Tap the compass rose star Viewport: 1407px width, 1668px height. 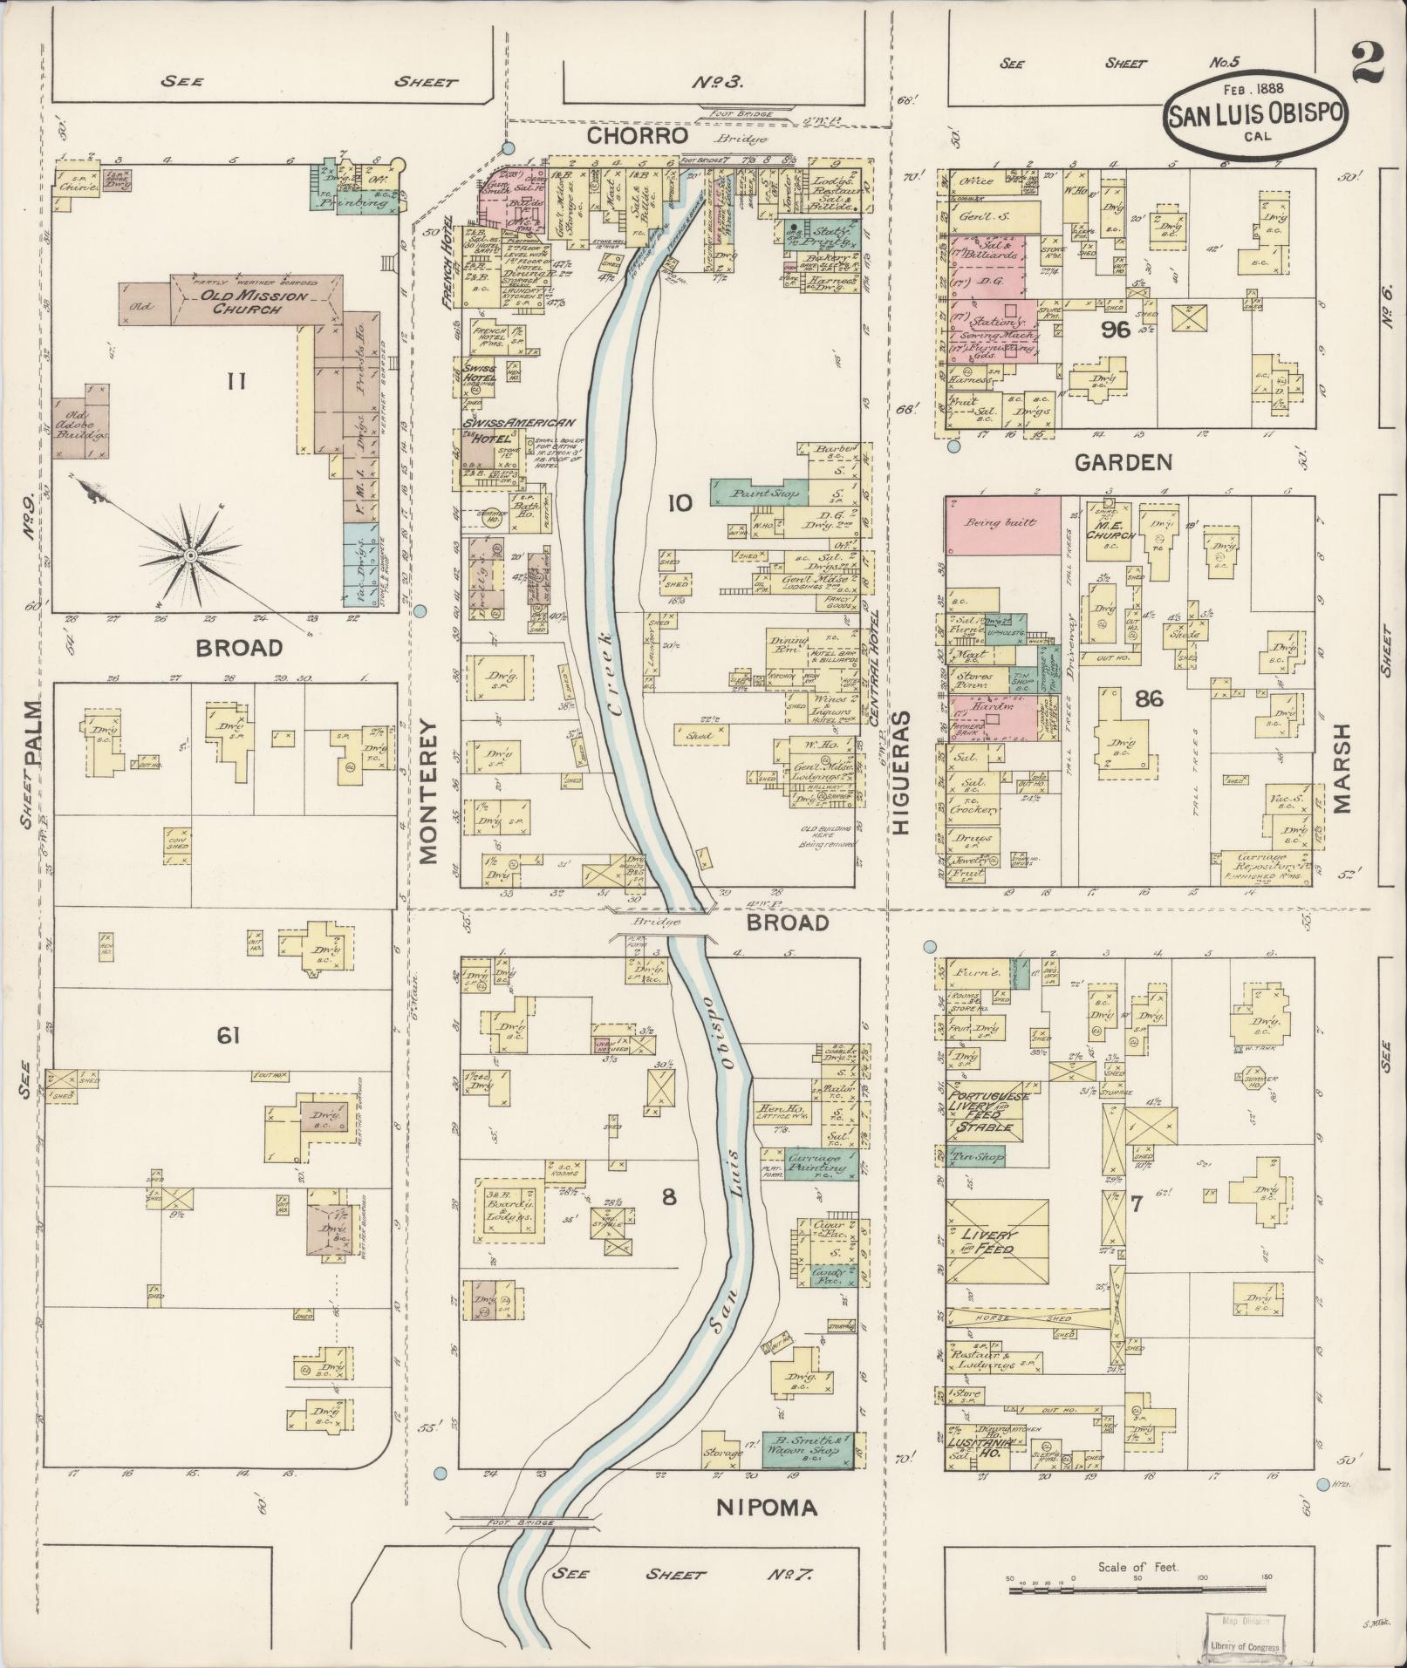point(188,555)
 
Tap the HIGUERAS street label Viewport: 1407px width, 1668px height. point(901,773)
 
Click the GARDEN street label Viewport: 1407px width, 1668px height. point(1123,462)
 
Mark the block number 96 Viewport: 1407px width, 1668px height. point(1115,330)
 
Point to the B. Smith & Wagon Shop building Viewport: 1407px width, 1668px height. point(808,1445)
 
